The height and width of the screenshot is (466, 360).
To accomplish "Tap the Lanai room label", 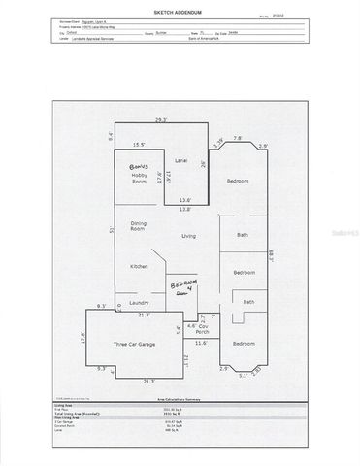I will [180, 159].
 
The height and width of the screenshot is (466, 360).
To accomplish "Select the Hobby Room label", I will [146, 178].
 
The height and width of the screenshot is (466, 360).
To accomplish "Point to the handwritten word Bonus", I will [144, 167].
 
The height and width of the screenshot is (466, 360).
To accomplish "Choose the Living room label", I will [189, 236].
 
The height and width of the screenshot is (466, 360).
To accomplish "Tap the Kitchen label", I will [140, 266].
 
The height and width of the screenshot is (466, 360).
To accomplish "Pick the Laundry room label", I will [139, 303].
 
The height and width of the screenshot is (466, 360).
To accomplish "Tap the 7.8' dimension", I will [238, 139].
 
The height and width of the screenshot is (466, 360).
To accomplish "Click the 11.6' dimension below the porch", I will [201, 343].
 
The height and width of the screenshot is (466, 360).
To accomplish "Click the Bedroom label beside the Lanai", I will [238, 182].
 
